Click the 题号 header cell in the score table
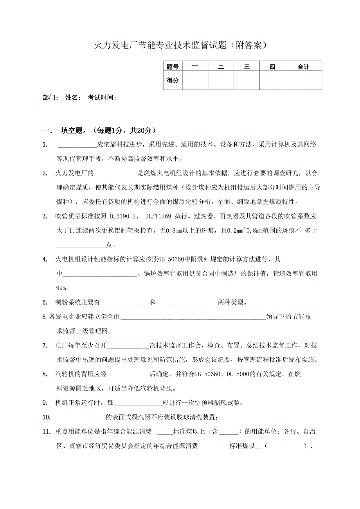(173, 67)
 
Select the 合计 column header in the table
(303, 67)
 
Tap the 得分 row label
(173, 80)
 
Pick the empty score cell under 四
(272, 80)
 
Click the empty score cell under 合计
(303, 80)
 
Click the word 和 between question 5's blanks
(153, 302)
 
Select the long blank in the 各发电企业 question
(193, 317)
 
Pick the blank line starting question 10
(81, 418)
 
